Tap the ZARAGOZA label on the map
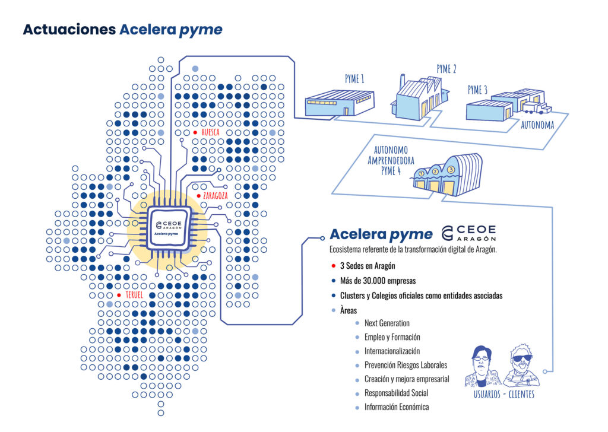pyautogui.click(x=216, y=195)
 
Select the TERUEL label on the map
pyautogui.click(x=135, y=295)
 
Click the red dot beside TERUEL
pyautogui.click(x=119, y=295)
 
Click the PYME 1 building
pyautogui.click(x=339, y=103)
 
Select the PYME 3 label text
pyautogui.click(x=478, y=90)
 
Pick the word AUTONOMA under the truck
pyautogui.click(x=537, y=125)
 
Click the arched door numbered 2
pyautogui.click(x=435, y=179)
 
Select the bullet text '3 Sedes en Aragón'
pyautogui.click(x=368, y=266)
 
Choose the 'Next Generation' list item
pyautogui.click(x=387, y=323)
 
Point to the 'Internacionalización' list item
pyautogui.click(x=392, y=351)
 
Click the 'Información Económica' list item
pyautogui.click(x=396, y=407)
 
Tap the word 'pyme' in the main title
pyautogui.click(x=201, y=30)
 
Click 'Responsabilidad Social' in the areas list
pyautogui.click(x=396, y=393)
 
